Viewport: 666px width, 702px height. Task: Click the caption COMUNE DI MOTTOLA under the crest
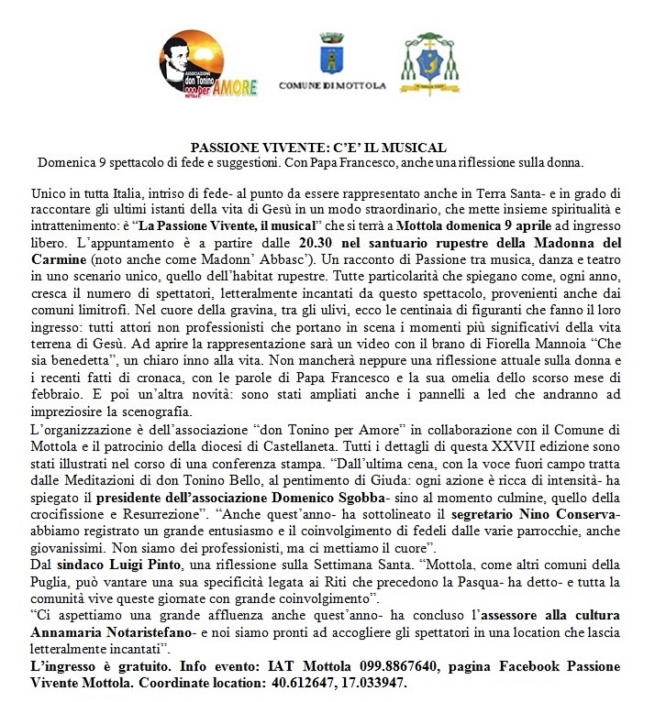tap(331, 85)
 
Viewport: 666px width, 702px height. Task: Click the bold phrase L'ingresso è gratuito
tap(96, 665)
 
